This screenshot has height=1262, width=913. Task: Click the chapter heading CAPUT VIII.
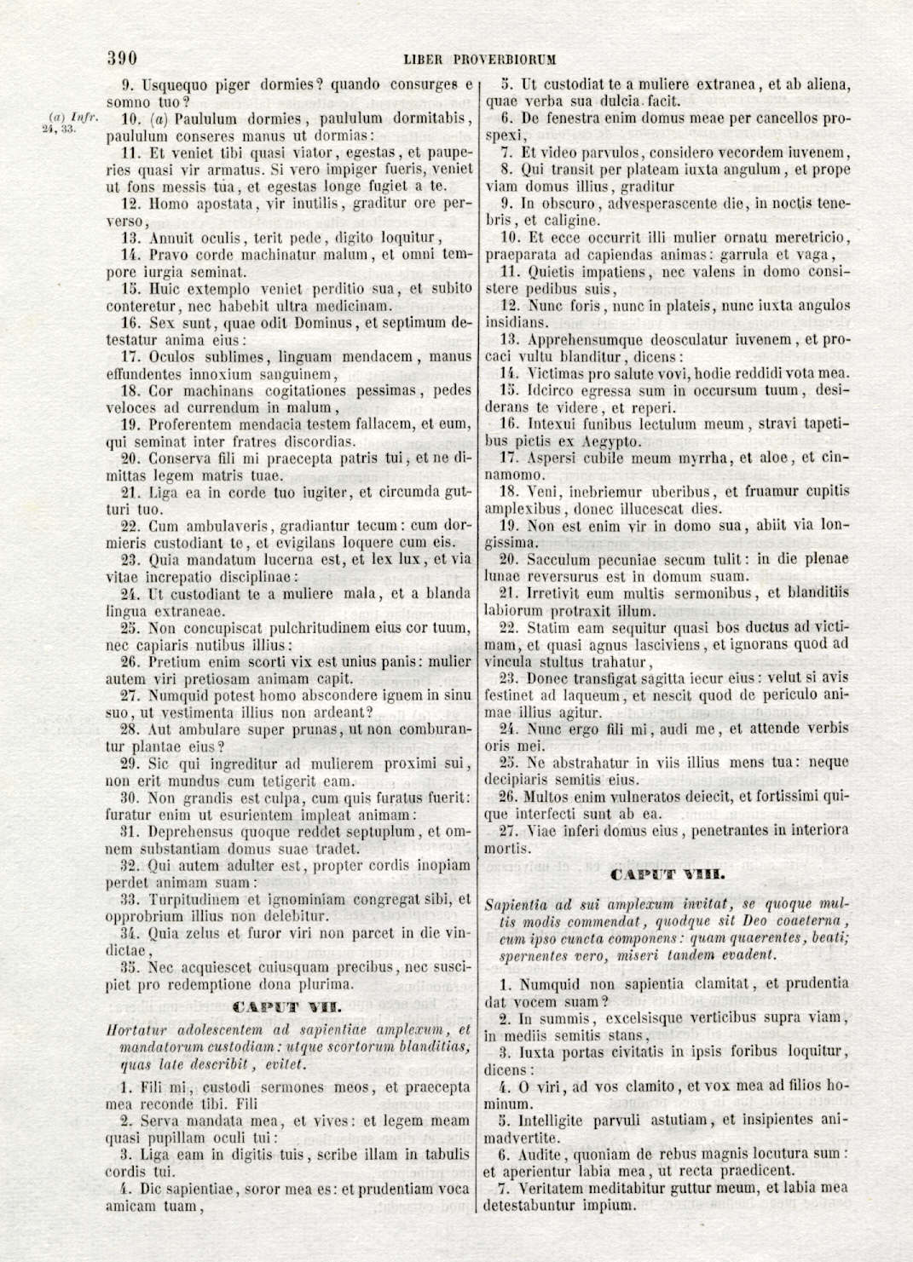[667, 874]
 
